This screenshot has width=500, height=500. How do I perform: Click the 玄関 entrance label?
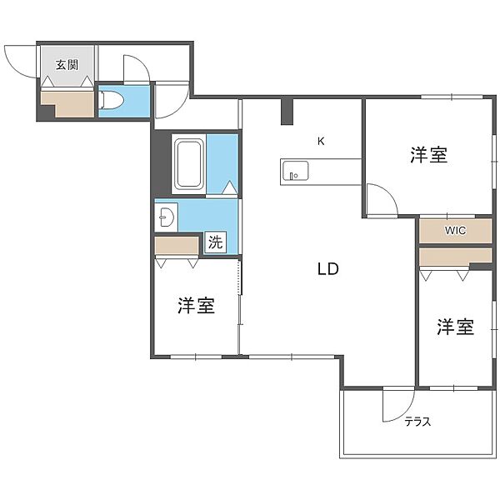pyautogui.click(x=67, y=65)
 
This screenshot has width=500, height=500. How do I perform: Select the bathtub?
pyautogui.click(x=189, y=164)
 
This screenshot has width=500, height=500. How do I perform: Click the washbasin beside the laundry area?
pyautogui.click(x=166, y=217)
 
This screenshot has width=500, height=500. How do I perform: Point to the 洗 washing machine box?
pyautogui.click(x=216, y=242)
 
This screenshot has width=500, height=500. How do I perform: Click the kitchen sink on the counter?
pyautogui.click(x=295, y=171)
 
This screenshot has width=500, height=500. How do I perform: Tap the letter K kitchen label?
pyautogui.click(x=321, y=141)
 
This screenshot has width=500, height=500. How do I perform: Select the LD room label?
pyautogui.click(x=327, y=269)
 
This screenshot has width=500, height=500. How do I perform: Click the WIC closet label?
pyautogui.click(x=455, y=230)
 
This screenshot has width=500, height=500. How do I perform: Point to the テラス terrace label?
pyautogui.click(x=417, y=422)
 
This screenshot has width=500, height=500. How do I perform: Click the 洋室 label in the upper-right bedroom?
pyautogui.click(x=429, y=155)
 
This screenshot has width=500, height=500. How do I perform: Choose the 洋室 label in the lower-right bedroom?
pyautogui.click(x=455, y=327)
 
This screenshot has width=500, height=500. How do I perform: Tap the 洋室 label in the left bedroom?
pyautogui.click(x=196, y=305)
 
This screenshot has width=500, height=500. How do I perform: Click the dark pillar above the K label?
pyautogui.click(x=287, y=112)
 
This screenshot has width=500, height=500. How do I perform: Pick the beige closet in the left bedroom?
pyautogui.click(x=177, y=246)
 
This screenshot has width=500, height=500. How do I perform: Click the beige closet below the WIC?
pyautogui.click(x=455, y=257)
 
